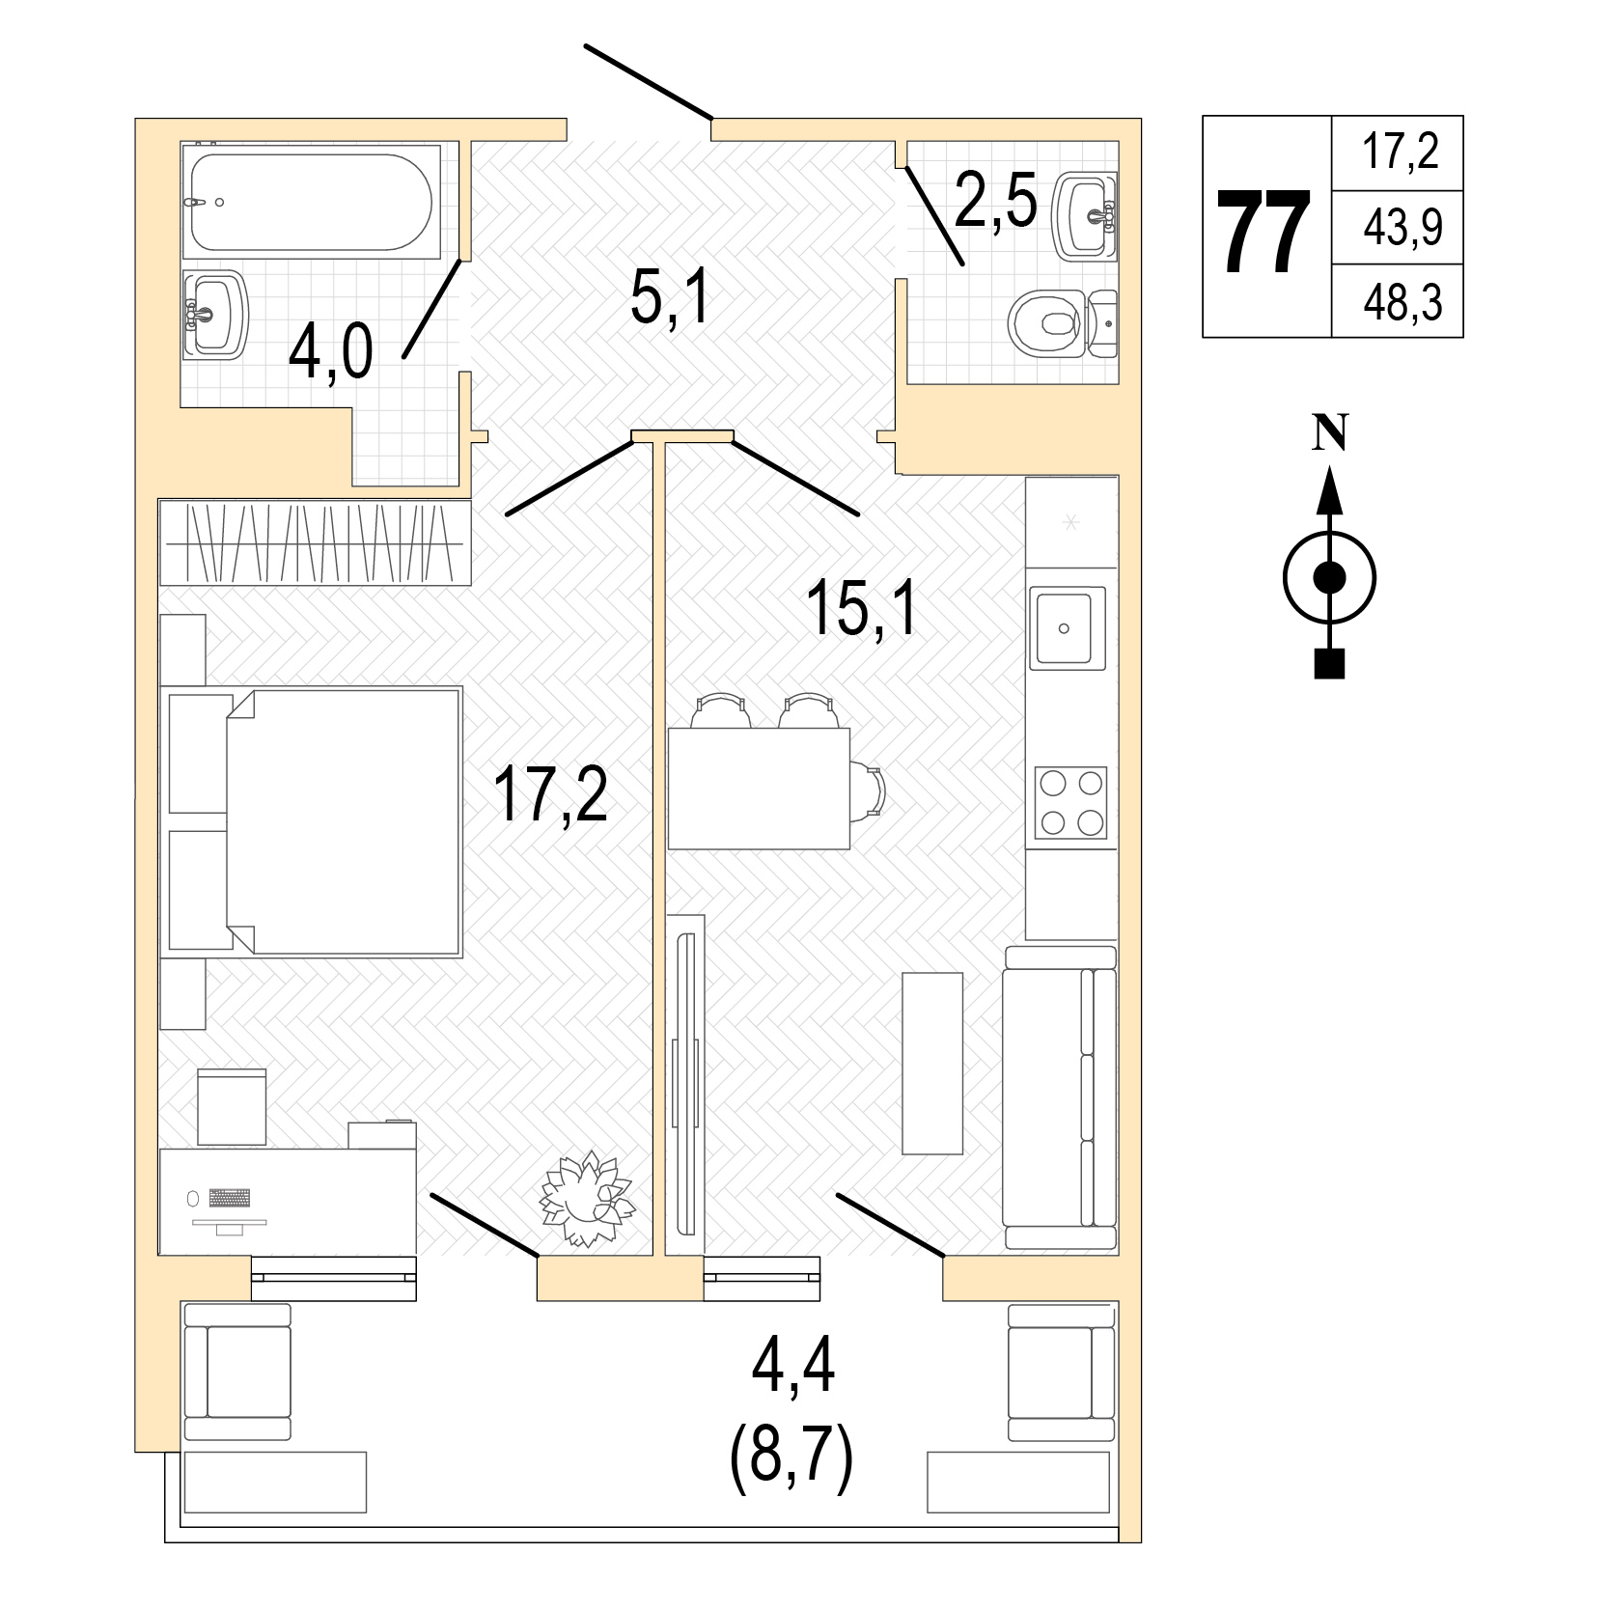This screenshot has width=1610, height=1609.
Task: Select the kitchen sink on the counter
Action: click(1067, 627)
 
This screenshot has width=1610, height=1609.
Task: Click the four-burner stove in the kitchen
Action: click(1070, 802)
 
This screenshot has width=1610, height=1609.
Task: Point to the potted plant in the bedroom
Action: click(586, 1200)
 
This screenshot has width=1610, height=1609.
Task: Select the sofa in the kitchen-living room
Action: click(1060, 1097)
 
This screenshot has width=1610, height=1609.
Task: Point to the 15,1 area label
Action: click(863, 607)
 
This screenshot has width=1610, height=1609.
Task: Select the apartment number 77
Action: click(1264, 232)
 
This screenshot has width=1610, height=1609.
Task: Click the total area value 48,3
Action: click(1402, 303)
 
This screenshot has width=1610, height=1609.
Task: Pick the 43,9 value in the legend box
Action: click(1402, 228)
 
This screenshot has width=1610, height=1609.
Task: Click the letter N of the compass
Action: click(1330, 434)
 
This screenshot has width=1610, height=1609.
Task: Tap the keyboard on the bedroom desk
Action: click(229, 1197)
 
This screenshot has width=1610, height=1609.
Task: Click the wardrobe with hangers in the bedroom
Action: click(315, 541)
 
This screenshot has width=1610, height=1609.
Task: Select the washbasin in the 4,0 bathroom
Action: click(216, 314)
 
